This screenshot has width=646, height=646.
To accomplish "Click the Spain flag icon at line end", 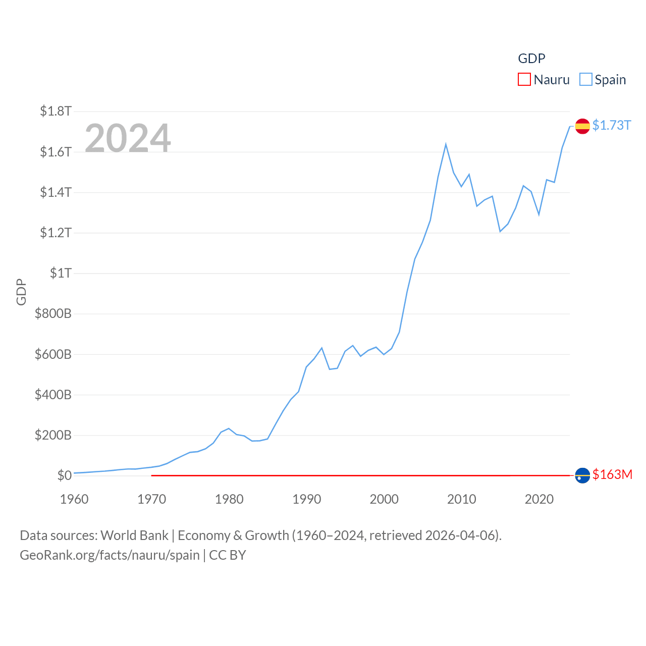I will pyautogui.click(x=582, y=126).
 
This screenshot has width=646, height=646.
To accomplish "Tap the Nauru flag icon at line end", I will pyautogui.click(x=582, y=475).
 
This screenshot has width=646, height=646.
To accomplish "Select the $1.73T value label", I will pyautogui.click(x=612, y=125).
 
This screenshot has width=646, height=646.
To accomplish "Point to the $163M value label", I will pyautogui.click(x=612, y=474).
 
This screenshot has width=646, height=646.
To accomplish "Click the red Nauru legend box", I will pyautogui.click(x=524, y=80).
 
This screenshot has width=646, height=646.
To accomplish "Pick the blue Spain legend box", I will pyautogui.click(x=585, y=80).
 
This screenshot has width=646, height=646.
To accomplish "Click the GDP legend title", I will pyautogui.click(x=531, y=59).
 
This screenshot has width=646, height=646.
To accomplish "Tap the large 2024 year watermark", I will pyautogui.click(x=128, y=138).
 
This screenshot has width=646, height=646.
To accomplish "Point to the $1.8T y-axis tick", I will pyautogui.click(x=56, y=111).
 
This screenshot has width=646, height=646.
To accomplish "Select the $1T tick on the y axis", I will pyautogui.click(x=61, y=273).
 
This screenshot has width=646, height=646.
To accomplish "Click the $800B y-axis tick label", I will pyautogui.click(x=53, y=313).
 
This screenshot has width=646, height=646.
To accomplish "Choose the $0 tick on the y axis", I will pyautogui.click(x=64, y=475).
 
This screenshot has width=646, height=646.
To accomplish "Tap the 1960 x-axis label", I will pyautogui.click(x=74, y=499).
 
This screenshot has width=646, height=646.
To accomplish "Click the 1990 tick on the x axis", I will pyautogui.click(x=306, y=499).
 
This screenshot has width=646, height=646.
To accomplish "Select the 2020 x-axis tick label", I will pyautogui.click(x=539, y=499).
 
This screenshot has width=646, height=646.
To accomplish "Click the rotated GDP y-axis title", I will pyautogui.click(x=21, y=292).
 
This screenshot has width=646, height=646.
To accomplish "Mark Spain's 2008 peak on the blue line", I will pyautogui.click(x=446, y=145).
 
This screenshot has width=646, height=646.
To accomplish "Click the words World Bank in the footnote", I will pyautogui.click(x=134, y=535).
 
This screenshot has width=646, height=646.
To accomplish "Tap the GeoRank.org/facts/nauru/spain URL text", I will pyautogui.click(x=110, y=555).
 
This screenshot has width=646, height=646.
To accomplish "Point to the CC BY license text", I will pyautogui.click(x=227, y=555).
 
